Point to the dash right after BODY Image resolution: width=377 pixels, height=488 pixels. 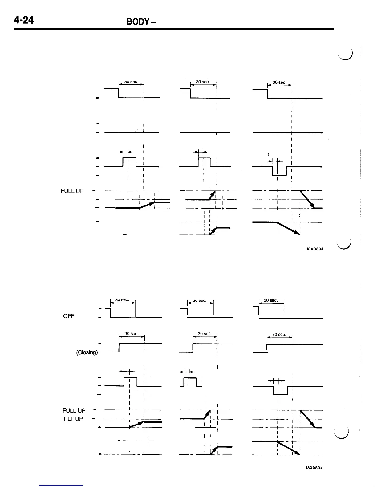tap(153, 22)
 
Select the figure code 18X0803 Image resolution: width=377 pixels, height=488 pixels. tap(314, 249)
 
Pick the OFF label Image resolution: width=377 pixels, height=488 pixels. tap(69, 316)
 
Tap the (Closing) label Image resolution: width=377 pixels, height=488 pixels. tap(87, 352)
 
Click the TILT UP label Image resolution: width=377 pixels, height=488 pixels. tap(72, 419)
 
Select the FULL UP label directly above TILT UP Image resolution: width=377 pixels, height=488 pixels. tap(74, 411)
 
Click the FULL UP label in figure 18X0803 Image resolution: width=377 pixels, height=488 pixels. tap(72, 191)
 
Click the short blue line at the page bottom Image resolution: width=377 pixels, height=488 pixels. tap(61, 485)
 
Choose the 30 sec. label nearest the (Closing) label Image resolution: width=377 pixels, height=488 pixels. tap(132, 334)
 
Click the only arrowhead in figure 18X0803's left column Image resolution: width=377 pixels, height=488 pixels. tap(151, 204)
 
